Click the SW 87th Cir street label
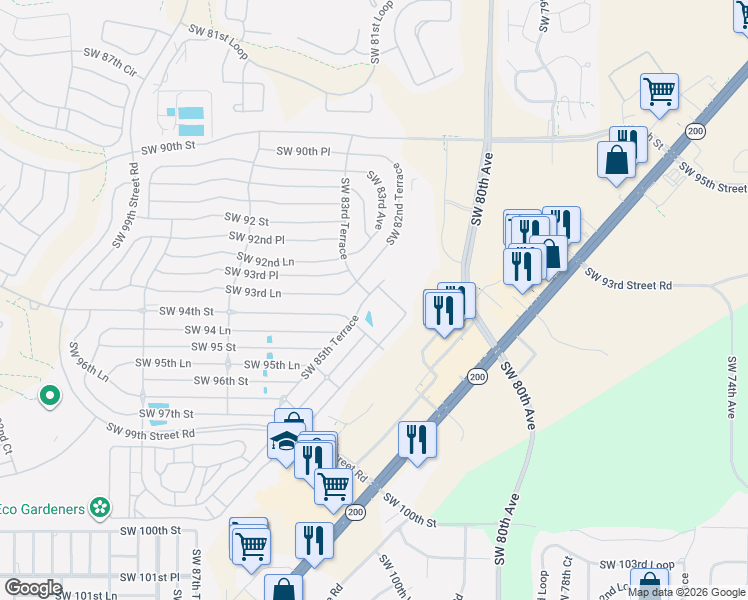[x=110, y=62]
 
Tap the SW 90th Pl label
[x=303, y=152]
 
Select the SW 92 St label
[x=249, y=220]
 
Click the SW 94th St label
[x=187, y=312]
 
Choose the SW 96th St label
[x=221, y=381]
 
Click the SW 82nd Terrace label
[x=399, y=196]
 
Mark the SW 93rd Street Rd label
[x=628, y=285]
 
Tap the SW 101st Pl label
[x=149, y=577]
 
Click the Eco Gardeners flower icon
[x=98, y=508]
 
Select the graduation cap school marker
[x=285, y=441]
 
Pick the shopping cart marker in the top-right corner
[x=660, y=92]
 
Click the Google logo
[x=33, y=588]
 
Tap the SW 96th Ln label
[x=87, y=361]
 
